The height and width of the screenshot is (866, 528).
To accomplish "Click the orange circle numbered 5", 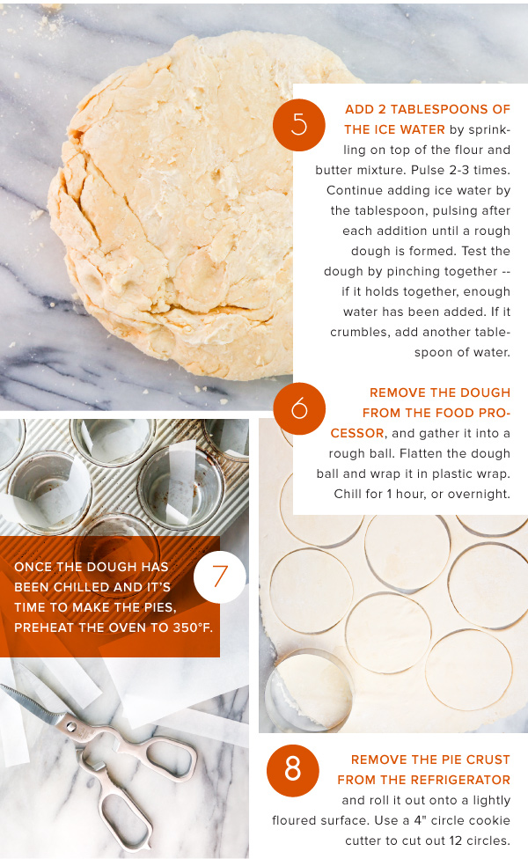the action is (299, 125).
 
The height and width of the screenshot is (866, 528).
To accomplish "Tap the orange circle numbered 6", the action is (299, 408).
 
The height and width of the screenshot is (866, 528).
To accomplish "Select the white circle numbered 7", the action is (220, 576).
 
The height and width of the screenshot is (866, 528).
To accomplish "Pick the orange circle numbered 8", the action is (293, 770).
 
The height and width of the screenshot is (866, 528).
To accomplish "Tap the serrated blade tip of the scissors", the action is (3, 686).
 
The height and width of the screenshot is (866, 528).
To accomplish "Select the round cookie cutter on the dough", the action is (308, 689).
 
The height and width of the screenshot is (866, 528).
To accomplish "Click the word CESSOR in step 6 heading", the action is (357, 434).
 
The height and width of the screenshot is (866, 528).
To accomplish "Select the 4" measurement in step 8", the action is (421, 821).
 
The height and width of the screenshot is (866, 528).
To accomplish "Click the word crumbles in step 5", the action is (356, 333).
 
